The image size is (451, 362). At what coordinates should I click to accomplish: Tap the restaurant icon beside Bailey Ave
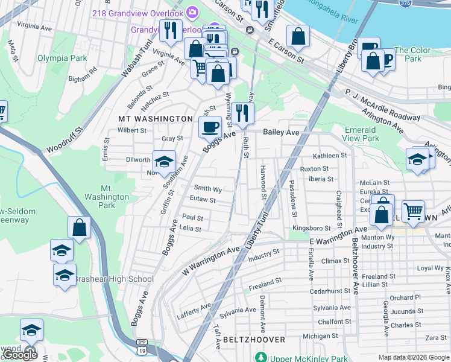coord(242,113)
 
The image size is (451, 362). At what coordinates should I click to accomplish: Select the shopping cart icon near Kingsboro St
coord(413,211)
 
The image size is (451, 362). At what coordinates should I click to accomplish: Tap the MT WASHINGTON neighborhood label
coord(156,119)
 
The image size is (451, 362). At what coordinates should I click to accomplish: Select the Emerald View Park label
coord(362,134)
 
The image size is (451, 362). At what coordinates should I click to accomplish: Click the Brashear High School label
coord(113,279)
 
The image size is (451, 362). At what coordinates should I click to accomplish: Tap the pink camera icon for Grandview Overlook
coord(192,11)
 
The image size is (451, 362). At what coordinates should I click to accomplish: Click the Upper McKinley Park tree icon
coord(260,357)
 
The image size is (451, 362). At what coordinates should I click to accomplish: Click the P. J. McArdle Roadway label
coord(382,104)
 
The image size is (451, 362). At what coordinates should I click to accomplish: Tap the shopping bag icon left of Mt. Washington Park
coord(79,227)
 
